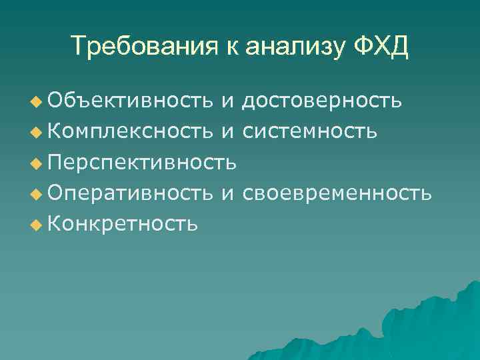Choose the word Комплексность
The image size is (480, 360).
tap(131, 131)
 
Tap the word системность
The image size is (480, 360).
tap(310, 131)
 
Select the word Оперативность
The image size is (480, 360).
tap(131, 193)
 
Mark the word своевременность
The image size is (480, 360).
tap(337, 193)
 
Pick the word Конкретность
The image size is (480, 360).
tap(122, 223)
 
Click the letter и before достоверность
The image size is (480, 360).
tap(228, 101)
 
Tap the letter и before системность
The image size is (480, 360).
tap(228, 132)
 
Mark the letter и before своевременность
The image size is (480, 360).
tap(228, 193)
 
